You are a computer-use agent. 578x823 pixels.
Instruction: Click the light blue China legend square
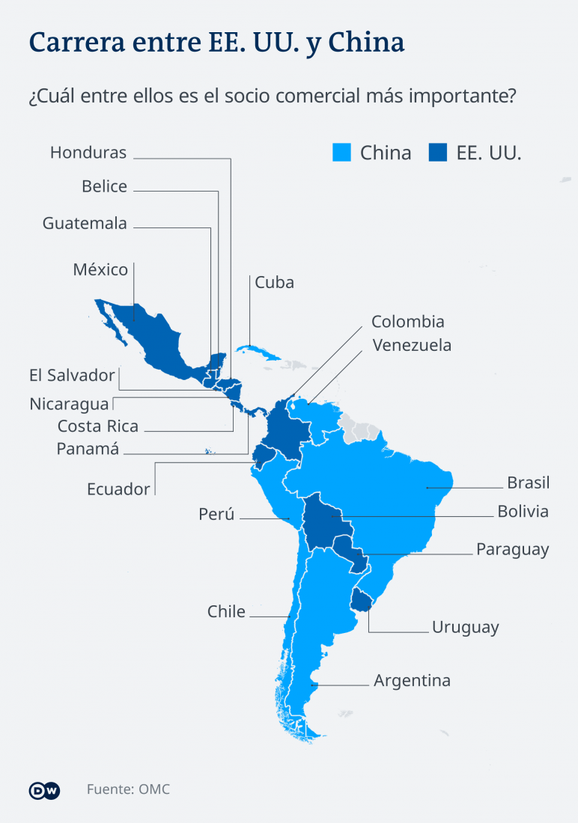tap(342, 153)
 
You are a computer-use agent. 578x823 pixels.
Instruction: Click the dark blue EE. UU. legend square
tap(437, 153)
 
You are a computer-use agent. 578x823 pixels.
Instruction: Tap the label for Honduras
tap(88, 153)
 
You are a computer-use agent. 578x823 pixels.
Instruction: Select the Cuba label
tap(274, 282)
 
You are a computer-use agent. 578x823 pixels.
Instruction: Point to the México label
tap(100, 269)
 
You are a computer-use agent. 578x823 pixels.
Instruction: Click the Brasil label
tap(528, 482)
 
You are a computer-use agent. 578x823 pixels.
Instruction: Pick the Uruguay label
tap(465, 627)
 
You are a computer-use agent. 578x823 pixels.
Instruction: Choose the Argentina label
tap(412, 681)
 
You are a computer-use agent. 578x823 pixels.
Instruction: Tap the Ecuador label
tap(118, 489)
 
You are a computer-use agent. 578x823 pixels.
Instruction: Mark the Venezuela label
tap(411, 345)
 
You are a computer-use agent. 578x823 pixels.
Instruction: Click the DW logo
tap(44, 791)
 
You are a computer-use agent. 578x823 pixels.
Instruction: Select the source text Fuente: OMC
tap(128, 789)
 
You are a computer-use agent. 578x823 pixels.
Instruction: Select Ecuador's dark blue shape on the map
tap(262, 456)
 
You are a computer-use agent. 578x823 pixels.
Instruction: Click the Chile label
tap(226, 611)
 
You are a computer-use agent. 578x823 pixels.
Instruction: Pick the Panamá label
tap(88, 449)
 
